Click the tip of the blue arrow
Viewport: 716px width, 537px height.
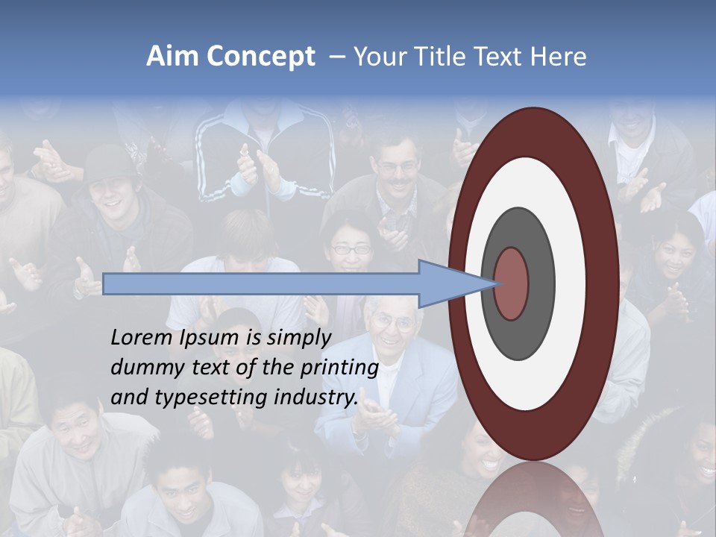coord(494,283)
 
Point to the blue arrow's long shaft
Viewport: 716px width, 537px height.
coord(261,283)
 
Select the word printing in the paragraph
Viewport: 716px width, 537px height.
coord(339,368)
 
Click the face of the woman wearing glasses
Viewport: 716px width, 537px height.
coord(350,249)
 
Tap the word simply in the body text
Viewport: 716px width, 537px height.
coord(299,338)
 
